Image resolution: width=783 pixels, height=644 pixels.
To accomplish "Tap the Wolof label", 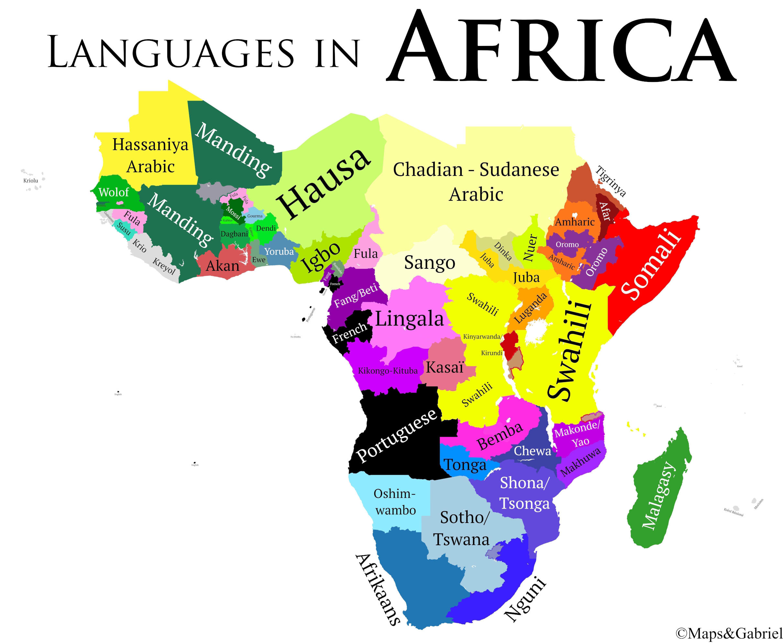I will (x=114, y=192).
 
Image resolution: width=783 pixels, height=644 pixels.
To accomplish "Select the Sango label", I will (x=429, y=263).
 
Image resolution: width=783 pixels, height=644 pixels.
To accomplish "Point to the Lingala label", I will (x=409, y=319).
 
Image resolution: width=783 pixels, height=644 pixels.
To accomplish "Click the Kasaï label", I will (x=445, y=367).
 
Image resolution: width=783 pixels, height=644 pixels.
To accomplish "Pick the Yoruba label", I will (x=279, y=252).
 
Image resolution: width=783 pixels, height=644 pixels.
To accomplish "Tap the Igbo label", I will (x=320, y=257).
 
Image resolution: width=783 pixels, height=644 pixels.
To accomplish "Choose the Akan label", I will (x=223, y=266).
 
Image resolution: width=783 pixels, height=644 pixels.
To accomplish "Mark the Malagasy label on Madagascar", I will (x=658, y=495).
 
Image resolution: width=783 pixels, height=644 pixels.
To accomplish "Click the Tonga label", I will (x=465, y=464).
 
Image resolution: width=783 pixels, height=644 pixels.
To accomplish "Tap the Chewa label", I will (x=532, y=451).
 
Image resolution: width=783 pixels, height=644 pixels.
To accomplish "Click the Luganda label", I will (x=531, y=308).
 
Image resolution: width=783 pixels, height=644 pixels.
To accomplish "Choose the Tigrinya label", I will (x=611, y=181).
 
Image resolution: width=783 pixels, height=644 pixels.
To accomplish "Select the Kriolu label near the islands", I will (x=31, y=181).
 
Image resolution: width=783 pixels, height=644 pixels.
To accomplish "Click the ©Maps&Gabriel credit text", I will (x=729, y=633).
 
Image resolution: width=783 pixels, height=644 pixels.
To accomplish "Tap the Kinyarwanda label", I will (x=482, y=336).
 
